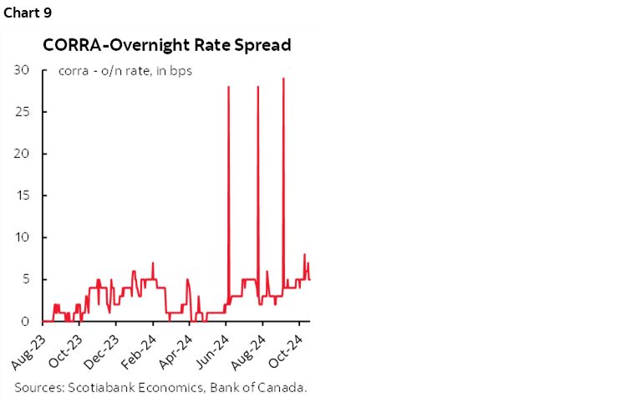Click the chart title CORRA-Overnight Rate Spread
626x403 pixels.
coord(167,45)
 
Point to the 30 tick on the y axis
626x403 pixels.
coord(23,70)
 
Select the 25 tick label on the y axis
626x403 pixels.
coord(23,112)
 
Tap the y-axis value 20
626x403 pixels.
coord(23,154)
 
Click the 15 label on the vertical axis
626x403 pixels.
coord(23,196)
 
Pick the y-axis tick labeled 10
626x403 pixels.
coord(23,237)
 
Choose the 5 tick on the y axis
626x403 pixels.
coord(26,279)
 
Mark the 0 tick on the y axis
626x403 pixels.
coord(26,321)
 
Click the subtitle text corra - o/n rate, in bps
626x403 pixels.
coord(125,70)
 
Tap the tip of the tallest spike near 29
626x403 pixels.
coord(284,79)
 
